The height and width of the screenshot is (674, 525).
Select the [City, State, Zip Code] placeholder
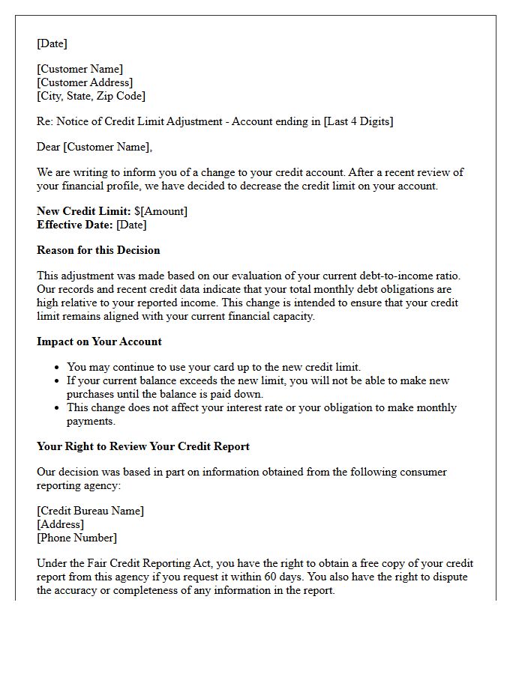(x=91, y=96)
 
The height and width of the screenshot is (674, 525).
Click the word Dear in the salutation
(x=49, y=147)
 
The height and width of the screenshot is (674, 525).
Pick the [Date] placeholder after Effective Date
(x=131, y=225)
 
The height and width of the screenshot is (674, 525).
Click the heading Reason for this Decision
(x=98, y=250)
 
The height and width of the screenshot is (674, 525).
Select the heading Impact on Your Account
(x=99, y=341)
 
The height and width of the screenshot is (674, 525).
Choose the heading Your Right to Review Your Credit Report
(x=143, y=446)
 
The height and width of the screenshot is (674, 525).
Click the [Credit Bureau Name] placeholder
(x=90, y=511)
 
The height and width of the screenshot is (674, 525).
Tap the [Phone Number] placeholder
(x=76, y=538)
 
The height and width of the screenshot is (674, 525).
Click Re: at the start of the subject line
(x=45, y=121)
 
